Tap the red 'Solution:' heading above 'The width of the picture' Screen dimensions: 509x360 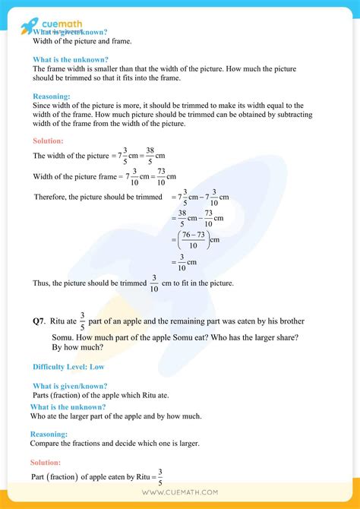pos(48,141)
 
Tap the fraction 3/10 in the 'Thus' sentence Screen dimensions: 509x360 pos(154,283)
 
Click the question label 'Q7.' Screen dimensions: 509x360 pos(39,322)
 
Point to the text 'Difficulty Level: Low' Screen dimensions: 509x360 pos(69,367)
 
